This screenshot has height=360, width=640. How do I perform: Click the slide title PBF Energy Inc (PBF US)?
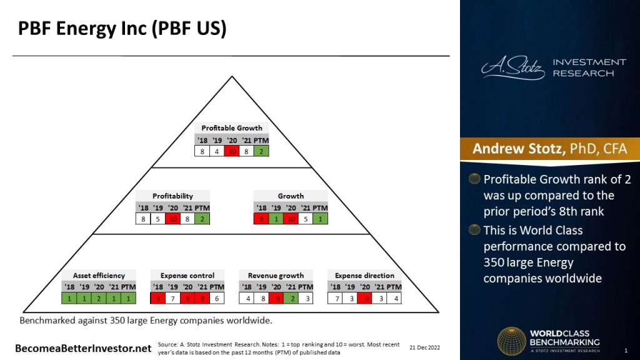tap(121, 29)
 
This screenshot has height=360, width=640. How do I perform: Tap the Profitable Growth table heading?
tap(232, 128)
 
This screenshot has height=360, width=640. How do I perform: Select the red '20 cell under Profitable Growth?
tap(232, 151)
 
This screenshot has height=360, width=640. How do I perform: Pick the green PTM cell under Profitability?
tap(202, 219)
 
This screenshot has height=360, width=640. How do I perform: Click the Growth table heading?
tap(291, 196)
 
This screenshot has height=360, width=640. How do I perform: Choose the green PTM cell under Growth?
tap(320, 219)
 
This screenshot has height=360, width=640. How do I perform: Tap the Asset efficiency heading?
tap(99, 276)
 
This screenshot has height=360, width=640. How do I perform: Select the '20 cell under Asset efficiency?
tap(99, 298)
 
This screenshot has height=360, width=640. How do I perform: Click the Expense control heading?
tap(187, 276)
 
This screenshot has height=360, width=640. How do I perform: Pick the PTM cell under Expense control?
tap(217, 298)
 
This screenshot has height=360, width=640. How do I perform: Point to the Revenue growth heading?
tap(276, 276)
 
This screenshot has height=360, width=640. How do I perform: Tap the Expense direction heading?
tap(364, 276)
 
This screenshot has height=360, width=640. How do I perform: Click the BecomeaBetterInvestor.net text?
tap(84, 347)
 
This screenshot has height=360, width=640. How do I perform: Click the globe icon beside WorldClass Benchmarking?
tap(511, 342)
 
